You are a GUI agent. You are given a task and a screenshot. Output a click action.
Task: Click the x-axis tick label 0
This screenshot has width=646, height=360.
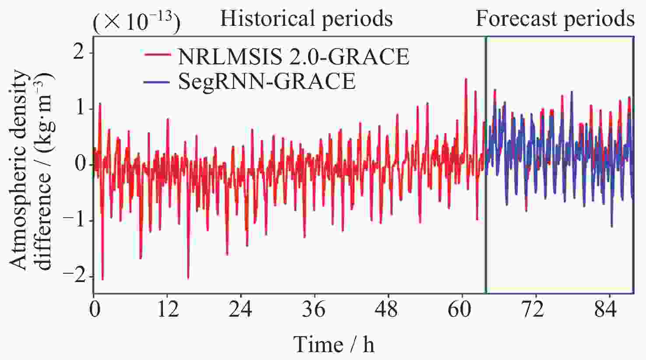coord(95,310)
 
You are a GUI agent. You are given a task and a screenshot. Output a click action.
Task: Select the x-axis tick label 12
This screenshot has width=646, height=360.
coord(168,310)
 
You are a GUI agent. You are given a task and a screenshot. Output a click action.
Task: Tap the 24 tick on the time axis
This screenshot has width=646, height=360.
coord(241,310)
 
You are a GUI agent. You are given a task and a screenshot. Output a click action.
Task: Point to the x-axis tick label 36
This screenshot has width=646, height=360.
coord(314,310)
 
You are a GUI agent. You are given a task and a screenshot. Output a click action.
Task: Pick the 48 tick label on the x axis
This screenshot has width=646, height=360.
coord(387,310)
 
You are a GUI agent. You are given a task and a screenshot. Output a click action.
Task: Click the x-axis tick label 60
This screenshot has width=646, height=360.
coord(460,310)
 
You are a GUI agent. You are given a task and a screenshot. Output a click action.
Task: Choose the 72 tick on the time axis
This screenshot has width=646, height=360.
coord(533,310)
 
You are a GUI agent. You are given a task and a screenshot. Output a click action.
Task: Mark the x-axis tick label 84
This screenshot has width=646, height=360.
coord(606,310)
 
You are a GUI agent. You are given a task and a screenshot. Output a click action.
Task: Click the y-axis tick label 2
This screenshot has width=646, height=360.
coord(79,53)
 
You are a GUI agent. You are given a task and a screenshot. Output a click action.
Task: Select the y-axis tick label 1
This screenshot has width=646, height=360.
coord(80,109)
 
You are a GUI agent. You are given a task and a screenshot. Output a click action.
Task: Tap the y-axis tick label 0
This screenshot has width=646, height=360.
coord(80,164)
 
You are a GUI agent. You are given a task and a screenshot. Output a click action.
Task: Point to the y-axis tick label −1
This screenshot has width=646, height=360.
coord(74,220)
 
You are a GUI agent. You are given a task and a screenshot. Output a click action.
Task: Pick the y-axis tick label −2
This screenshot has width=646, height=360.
coord(74,276)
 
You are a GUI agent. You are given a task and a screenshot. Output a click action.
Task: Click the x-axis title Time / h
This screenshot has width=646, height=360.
coord(334,344)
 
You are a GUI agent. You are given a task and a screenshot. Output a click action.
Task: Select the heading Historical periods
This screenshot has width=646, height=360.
coord(306,19)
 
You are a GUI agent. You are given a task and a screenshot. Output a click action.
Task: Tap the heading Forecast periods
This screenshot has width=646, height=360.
coord(555,19)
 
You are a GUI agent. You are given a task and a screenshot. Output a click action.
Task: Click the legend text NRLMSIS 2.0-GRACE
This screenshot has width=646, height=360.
coord(293,56)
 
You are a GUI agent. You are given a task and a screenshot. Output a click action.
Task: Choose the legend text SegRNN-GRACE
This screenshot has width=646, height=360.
coord(267,81)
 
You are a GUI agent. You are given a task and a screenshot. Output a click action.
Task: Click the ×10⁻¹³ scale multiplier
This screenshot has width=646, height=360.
coord(136,22)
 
